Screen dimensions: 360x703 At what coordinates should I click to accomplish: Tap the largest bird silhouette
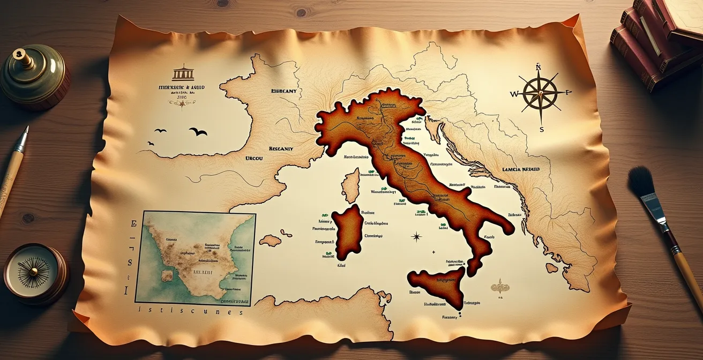198,131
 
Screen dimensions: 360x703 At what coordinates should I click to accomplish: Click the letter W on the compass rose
514,94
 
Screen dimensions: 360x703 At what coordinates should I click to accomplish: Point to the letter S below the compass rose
542,129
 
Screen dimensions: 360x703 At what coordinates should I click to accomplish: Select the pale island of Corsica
351,185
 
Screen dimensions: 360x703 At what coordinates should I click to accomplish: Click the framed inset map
195,257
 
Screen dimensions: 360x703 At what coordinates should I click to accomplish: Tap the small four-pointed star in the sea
416,236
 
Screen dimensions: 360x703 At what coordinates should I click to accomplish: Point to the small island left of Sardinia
270,241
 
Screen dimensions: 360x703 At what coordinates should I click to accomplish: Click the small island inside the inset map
167,275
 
